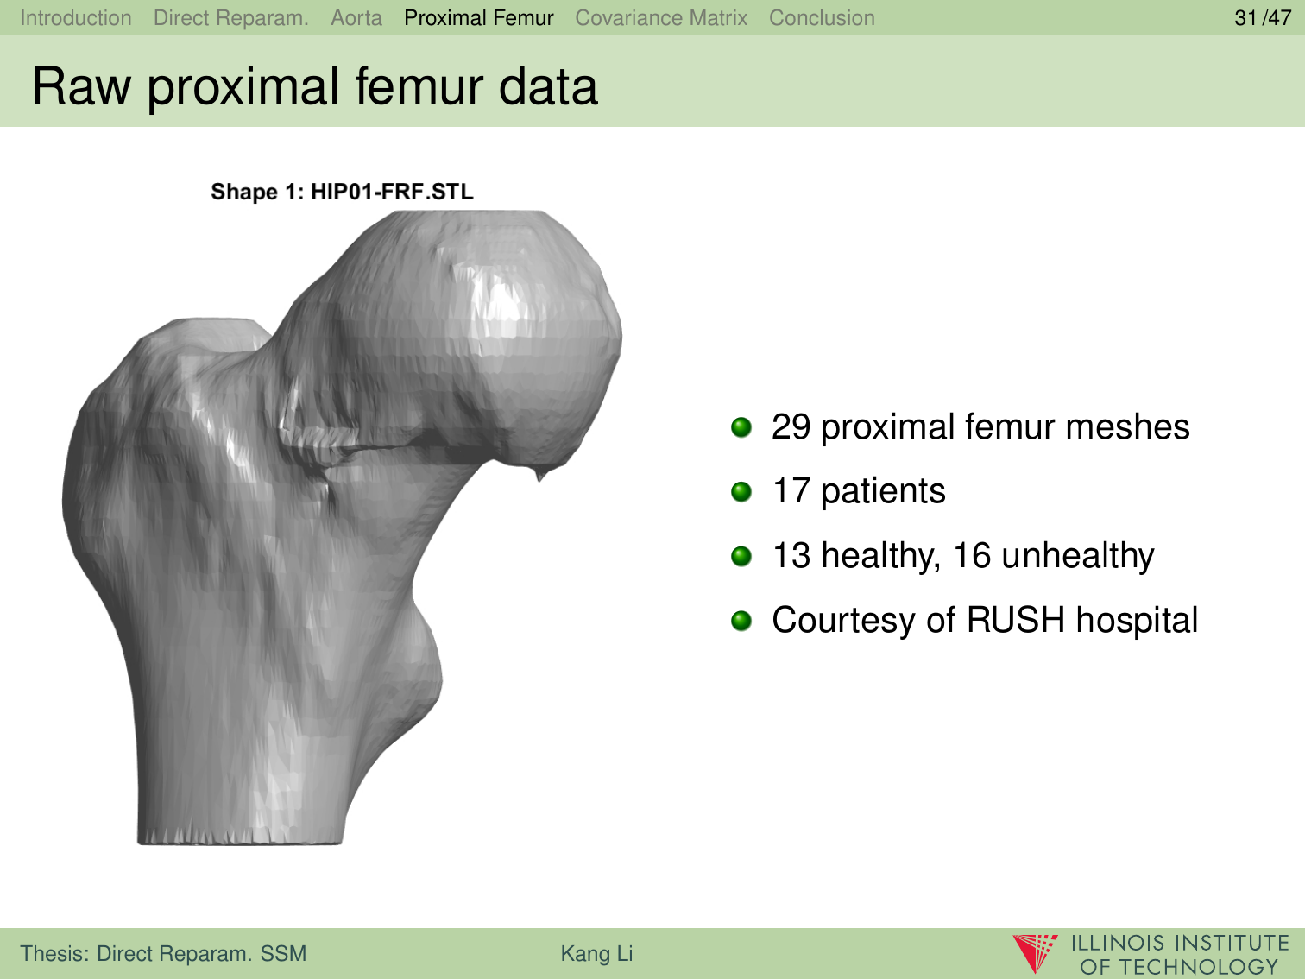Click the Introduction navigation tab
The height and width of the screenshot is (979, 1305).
[x=75, y=18]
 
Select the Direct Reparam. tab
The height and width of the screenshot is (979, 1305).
[x=231, y=18]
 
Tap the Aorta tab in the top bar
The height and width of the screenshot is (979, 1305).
[x=356, y=18]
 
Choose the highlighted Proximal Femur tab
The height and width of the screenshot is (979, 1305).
[x=479, y=18]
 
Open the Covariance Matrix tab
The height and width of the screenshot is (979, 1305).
[x=661, y=18]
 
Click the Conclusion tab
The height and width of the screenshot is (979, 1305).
[x=822, y=18]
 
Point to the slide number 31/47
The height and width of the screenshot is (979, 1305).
[x=1263, y=18]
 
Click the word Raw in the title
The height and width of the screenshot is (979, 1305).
[x=81, y=86]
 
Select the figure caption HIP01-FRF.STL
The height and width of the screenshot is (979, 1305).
[x=393, y=192]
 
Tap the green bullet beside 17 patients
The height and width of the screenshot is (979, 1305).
[x=741, y=491]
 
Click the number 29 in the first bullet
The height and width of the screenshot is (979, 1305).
[x=791, y=426]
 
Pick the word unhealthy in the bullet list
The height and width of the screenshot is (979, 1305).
[x=1077, y=556]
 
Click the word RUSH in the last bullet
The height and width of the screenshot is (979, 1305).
[x=1015, y=620]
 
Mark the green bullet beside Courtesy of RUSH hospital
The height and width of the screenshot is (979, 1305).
[x=741, y=621]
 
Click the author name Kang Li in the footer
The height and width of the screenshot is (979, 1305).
[x=596, y=953]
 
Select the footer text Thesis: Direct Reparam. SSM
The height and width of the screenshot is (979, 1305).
[x=163, y=953]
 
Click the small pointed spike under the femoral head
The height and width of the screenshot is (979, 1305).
[x=540, y=474]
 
